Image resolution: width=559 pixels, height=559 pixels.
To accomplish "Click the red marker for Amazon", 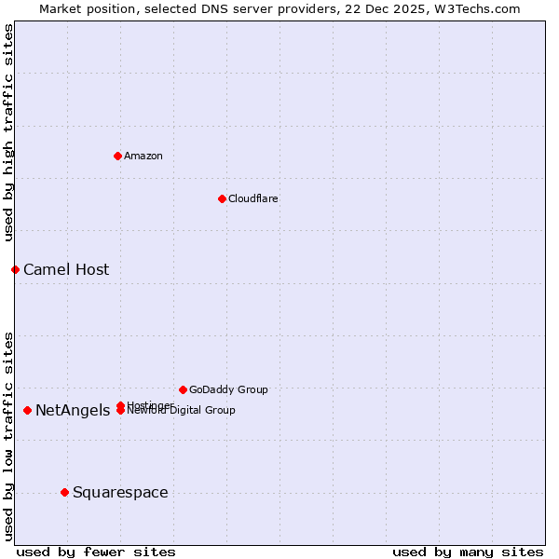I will [117, 156].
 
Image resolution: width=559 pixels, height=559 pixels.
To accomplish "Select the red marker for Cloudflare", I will [222, 198].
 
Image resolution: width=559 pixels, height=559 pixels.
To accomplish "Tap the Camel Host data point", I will [15, 269].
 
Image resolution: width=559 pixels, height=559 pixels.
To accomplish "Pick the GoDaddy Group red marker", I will [183, 389].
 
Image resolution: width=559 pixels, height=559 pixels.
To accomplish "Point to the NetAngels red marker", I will [27, 410].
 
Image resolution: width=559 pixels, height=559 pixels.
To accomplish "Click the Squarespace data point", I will [64, 492].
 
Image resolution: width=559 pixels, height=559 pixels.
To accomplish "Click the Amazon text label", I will [143, 156].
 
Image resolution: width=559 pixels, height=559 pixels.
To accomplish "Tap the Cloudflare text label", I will [252, 198].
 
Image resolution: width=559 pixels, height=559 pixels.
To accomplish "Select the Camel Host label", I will [66, 270].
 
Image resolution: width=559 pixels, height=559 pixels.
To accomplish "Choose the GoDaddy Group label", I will [228, 389].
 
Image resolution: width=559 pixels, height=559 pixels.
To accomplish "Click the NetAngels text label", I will [73, 411].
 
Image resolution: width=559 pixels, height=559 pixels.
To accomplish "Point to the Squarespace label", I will [120, 493].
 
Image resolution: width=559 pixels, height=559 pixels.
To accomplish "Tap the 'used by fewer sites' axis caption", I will [96, 552].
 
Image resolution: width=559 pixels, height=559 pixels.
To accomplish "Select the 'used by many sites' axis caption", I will [468, 552].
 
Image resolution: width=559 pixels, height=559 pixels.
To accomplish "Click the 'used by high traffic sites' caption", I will [9, 133].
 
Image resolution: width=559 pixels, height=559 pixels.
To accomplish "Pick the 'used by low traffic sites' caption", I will [9, 435].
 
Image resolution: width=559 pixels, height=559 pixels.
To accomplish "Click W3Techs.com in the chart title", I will [473, 8].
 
